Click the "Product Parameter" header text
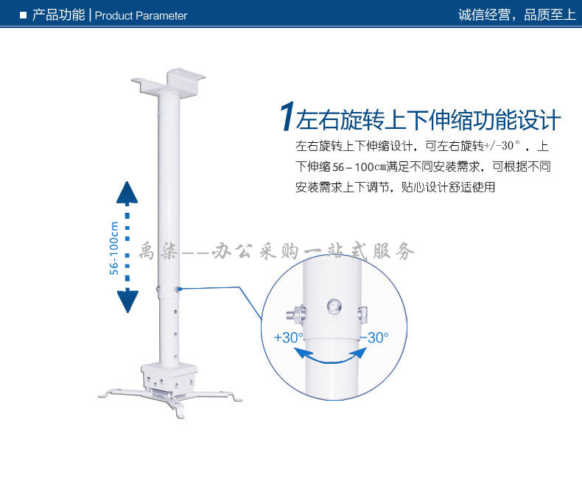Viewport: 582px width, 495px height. [x=141, y=15]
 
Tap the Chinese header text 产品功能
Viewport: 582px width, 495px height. [x=59, y=15]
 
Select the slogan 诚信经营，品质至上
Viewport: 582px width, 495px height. [x=516, y=15]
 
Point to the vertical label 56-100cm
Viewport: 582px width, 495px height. [x=114, y=248]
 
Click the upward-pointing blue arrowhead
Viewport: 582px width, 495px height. [x=127, y=192]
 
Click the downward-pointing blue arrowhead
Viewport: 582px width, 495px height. [x=127, y=301]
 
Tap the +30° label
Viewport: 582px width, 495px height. [x=288, y=337]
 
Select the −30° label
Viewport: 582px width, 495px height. [x=374, y=337]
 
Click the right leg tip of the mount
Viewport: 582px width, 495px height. [x=237, y=399]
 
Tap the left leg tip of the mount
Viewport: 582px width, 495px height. [x=103, y=396]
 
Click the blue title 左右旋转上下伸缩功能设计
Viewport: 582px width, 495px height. [x=428, y=119]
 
